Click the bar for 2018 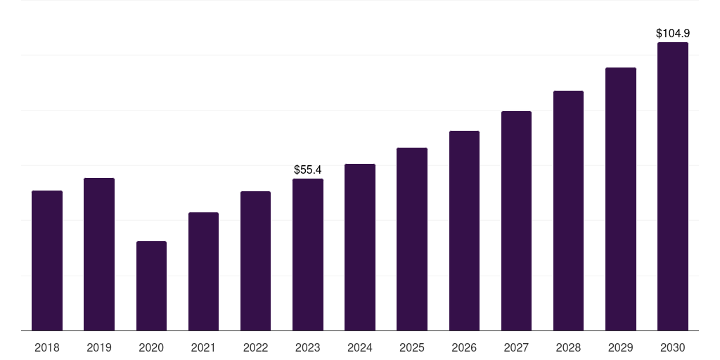pyautogui.click(x=47, y=260)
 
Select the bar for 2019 pyautogui.click(x=99, y=254)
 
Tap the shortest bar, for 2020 pyautogui.click(x=151, y=285)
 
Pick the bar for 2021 pyautogui.click(x=203, y=271)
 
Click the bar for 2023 pyautogui.click(x=308, y=255)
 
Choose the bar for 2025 pyautogui.click(x=412, y=239)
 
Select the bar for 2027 pyautogui.click(x=516, y=221)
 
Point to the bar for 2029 pyautogui.click(x=621, y=199)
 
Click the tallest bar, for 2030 pyautogui.click(x=673, y=186)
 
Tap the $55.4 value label pyautogui.click(x=308, y=169)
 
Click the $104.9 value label pyautogui.click(x=673, y=33)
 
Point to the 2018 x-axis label pyautogui.click(x=47, y=347)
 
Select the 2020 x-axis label pyautogui.click(x=151, y=347)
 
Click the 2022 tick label pyautogui.click(x=256, y=347)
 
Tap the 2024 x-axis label pyautogui.click(x=360, y=347)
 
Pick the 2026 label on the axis pyautogui.click(x=464, y=347)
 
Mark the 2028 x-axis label pyautogui.click(x=568, y=347)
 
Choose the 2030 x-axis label pyautogui.click(x=673, y=347)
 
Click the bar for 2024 pyautogui.click(x=360, y=247)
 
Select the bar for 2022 pyautogui.click(x=256, y=261)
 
